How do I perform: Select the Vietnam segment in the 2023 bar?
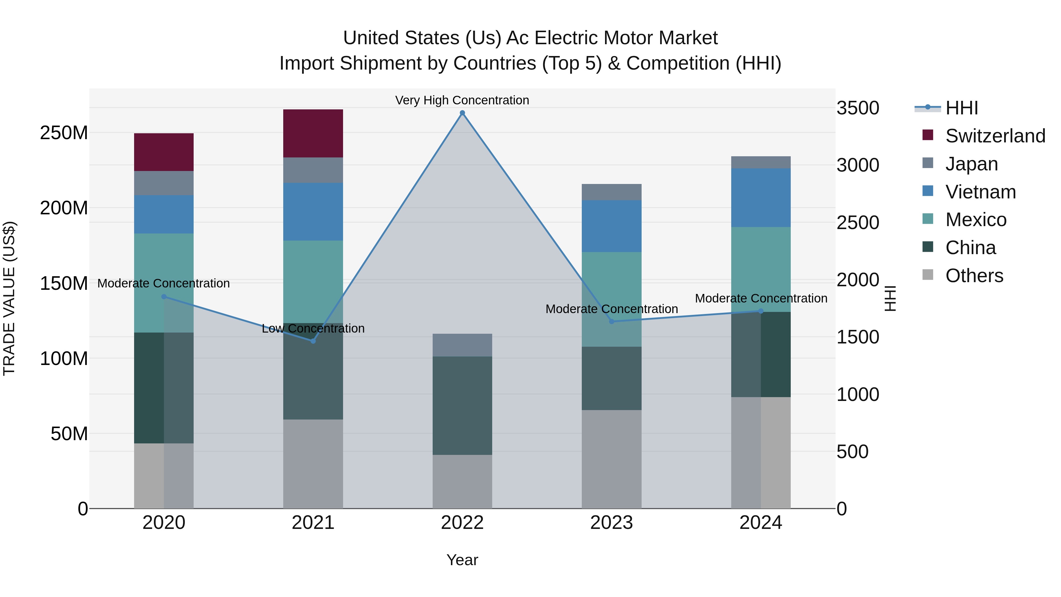[x=611, y=226]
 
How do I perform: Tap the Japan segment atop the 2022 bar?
[x=462, y=345]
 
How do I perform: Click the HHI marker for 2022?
[x=462, y=113]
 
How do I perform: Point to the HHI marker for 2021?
[x=313, y=341]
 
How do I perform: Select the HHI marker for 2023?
[x=611, y=321]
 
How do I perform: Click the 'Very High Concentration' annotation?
[x=462, y=100]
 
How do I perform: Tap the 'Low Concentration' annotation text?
[x=313, y=328]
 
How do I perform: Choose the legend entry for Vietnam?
[x=980, y=192]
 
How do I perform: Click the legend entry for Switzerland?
[x=995, y=136]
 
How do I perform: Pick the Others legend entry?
[x=974, y=276]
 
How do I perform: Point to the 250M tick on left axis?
[x=64, y=133]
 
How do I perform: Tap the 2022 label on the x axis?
[x=462, y=523]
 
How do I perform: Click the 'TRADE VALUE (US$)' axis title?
[x=9, y=298]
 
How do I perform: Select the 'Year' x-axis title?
[x=462, y=560]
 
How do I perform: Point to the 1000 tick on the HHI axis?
[x=858, y=394]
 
